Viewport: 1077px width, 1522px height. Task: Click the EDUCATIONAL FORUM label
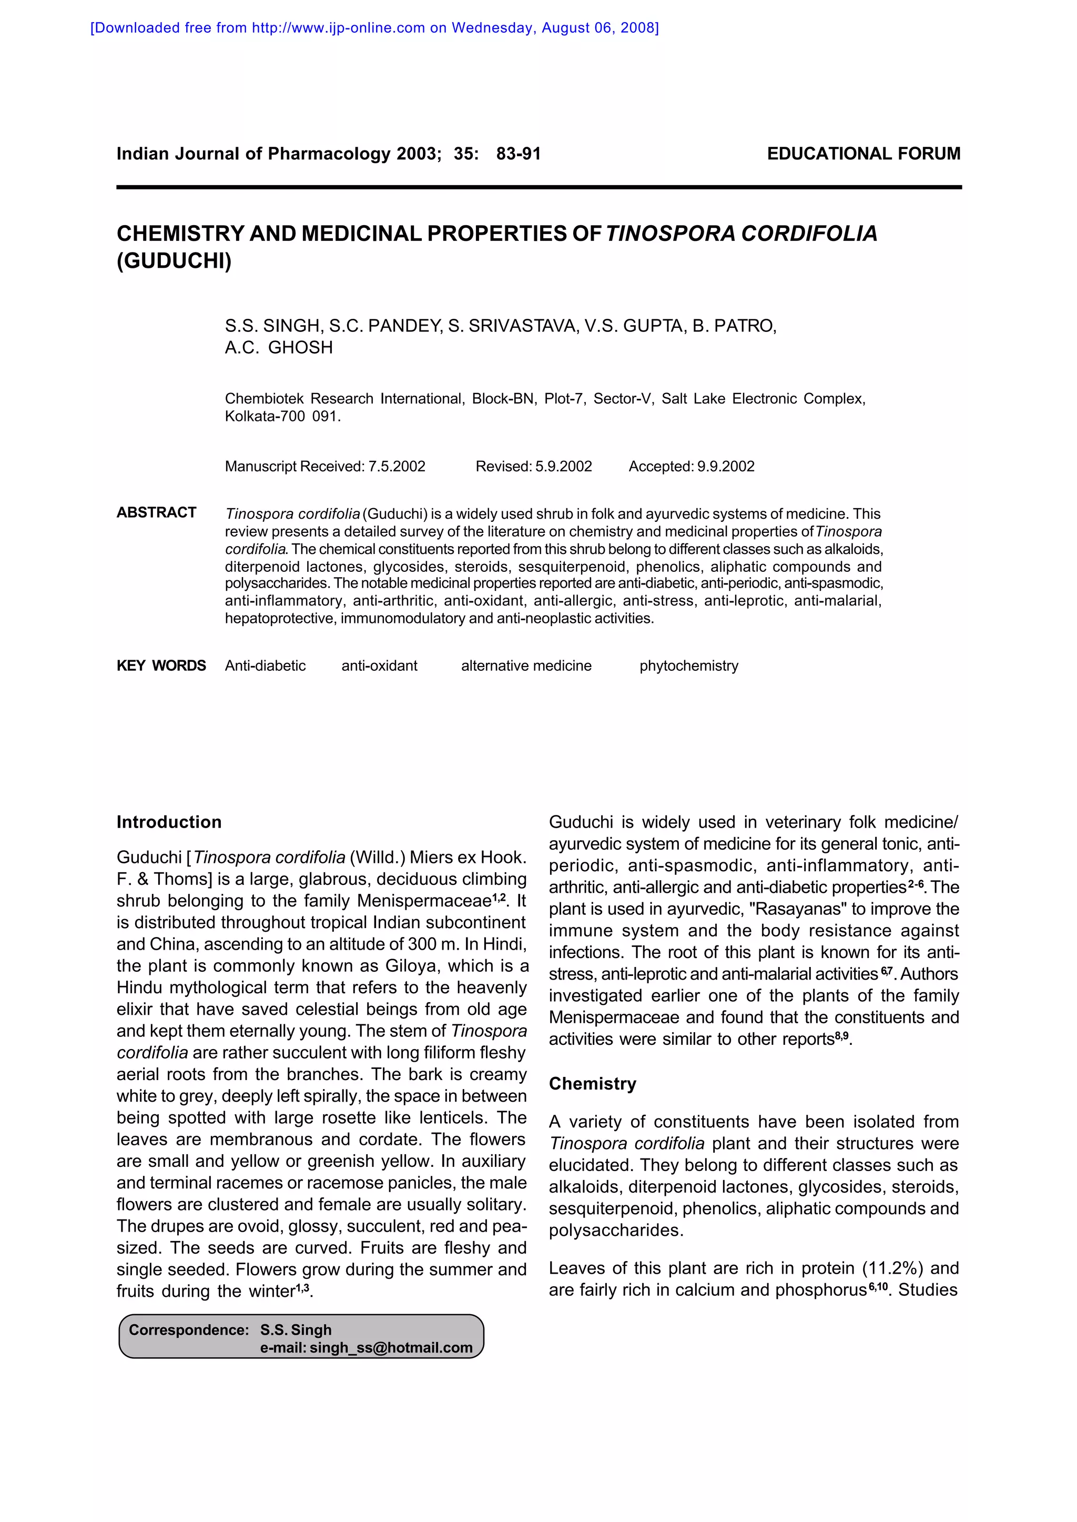tap(863, 154)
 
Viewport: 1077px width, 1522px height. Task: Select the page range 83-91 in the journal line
tap(518, 154)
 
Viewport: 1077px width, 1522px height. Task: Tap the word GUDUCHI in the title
tap(174, 261)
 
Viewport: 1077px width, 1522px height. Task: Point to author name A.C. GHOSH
tap(279, 348)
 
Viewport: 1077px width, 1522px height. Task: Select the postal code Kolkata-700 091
tap(282, 417)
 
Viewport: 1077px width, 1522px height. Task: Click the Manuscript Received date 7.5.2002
tap(397, 467)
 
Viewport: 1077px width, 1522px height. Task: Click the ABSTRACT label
tap(157, 513)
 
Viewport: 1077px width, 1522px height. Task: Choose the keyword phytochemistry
tap(688, 666)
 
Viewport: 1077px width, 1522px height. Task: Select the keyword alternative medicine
tap(526, 666)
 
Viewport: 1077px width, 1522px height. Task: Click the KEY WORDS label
tap(161, 666)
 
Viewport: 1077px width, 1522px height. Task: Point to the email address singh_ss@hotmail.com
tap(391, 1347)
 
